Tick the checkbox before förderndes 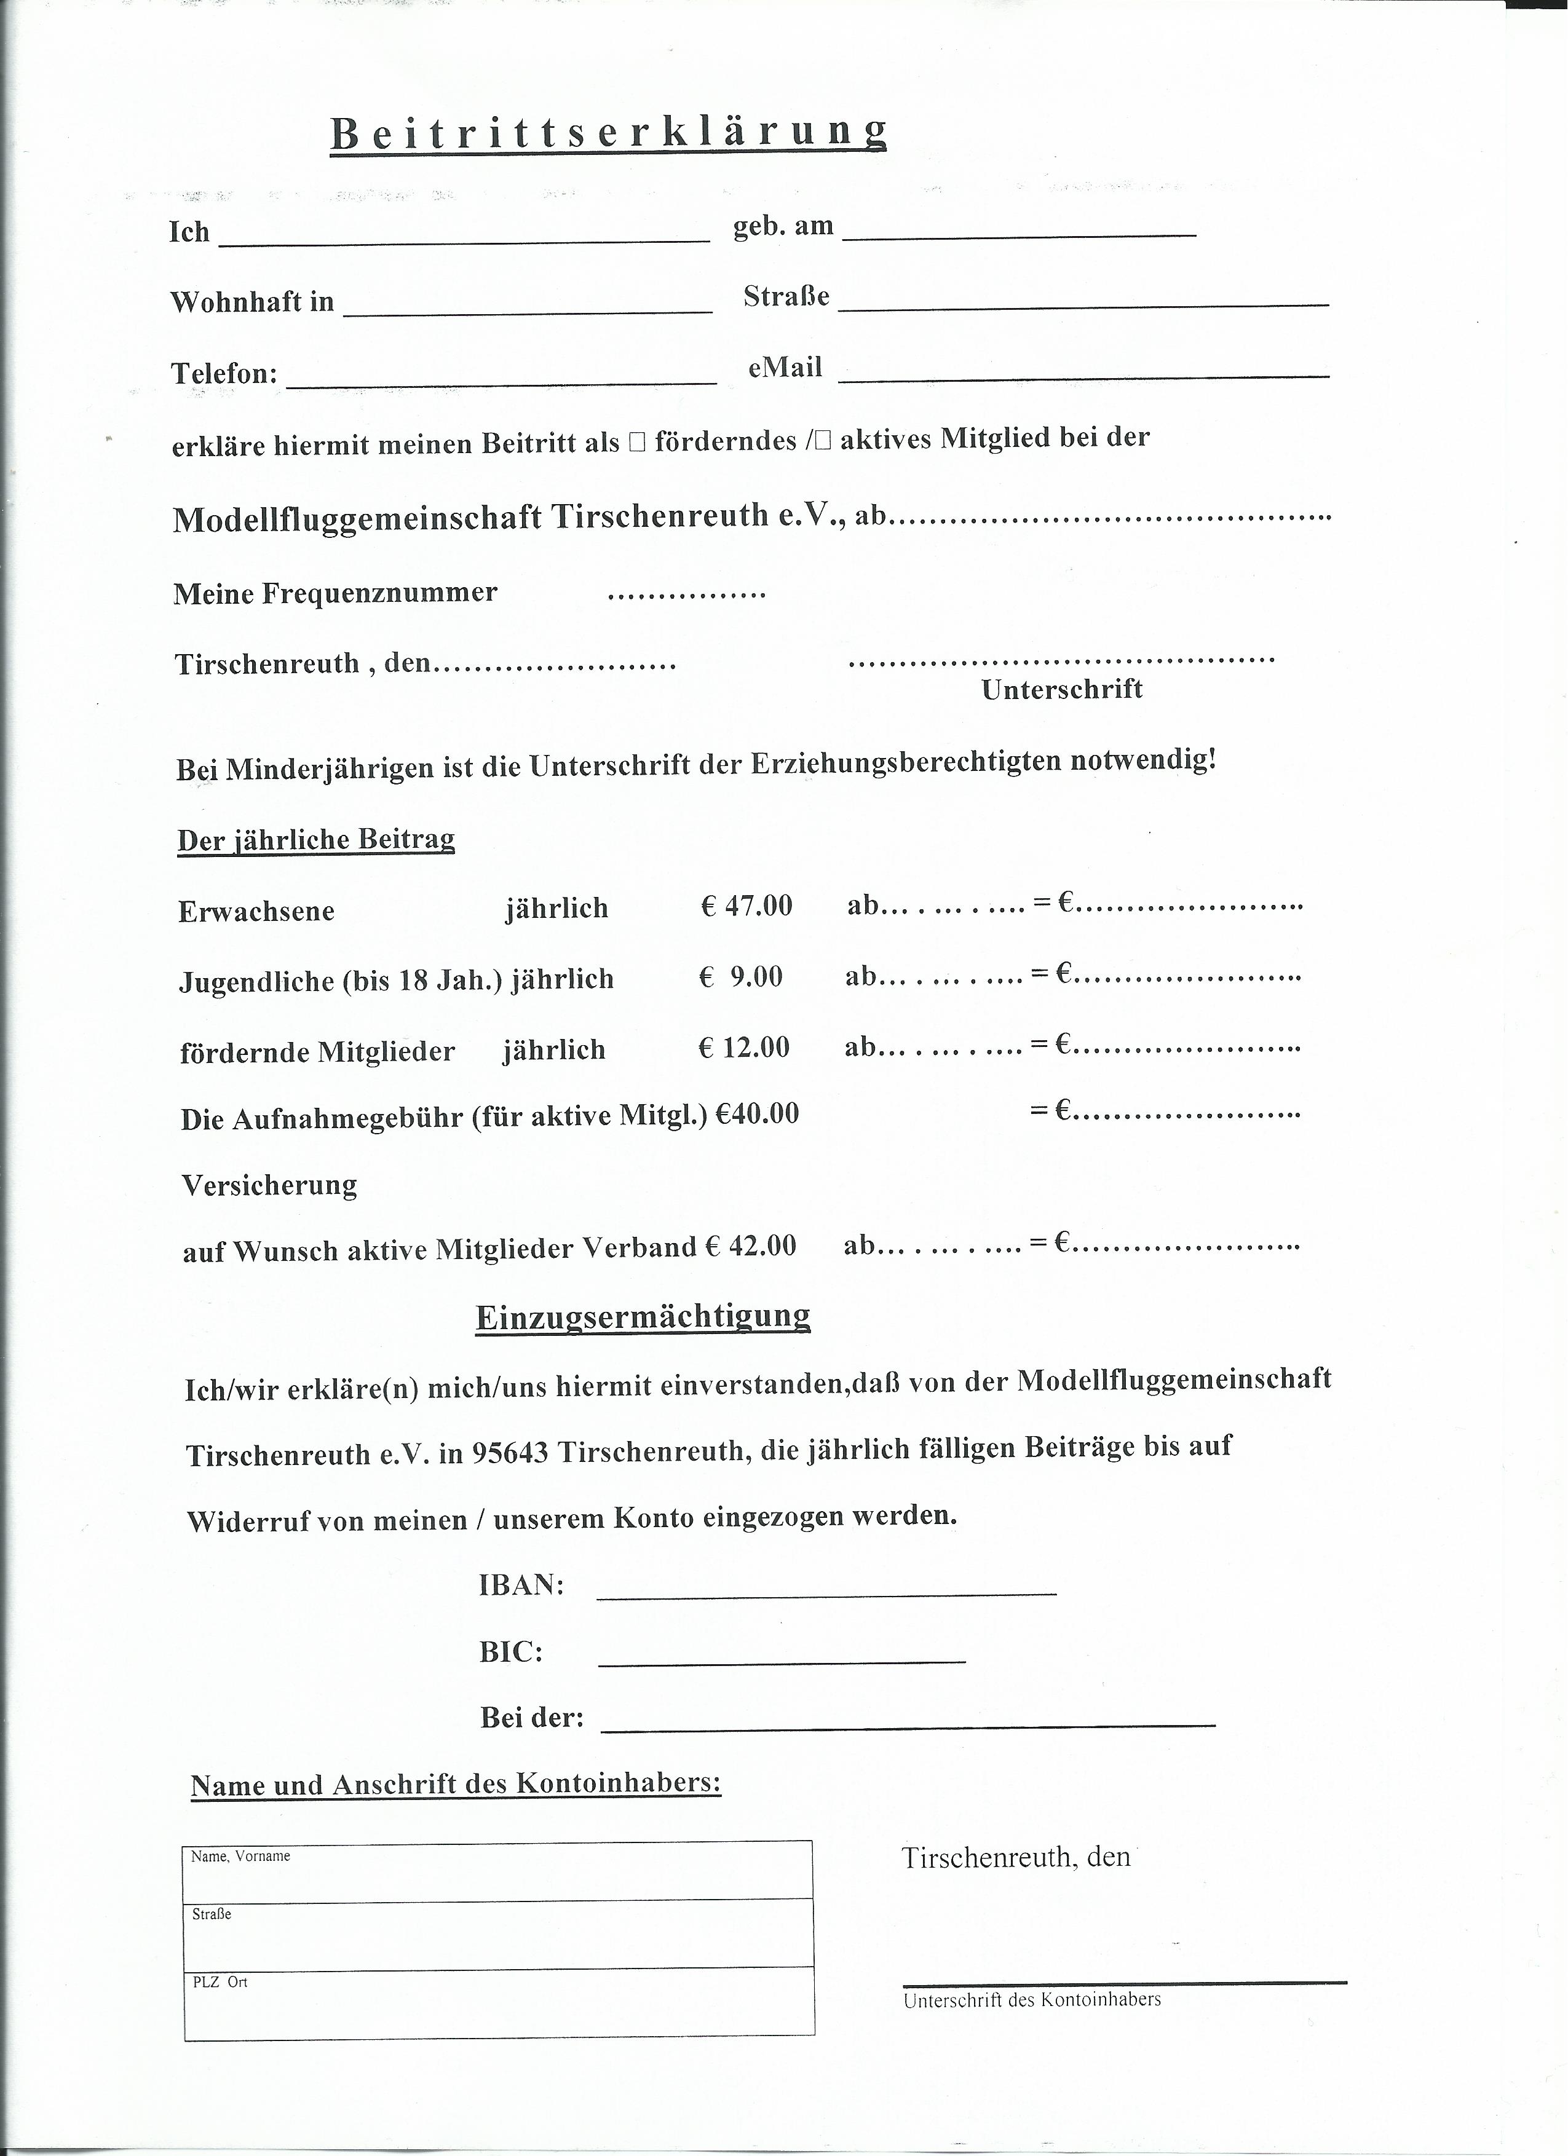tap(637, 442)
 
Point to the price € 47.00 tap(746, 905)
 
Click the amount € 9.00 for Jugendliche tap(741, 976)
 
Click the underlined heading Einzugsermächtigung tap(643, 1317)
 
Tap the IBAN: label tap(521, 1585)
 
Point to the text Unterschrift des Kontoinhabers tap(1032, 1999)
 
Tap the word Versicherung tap(269, 1185)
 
